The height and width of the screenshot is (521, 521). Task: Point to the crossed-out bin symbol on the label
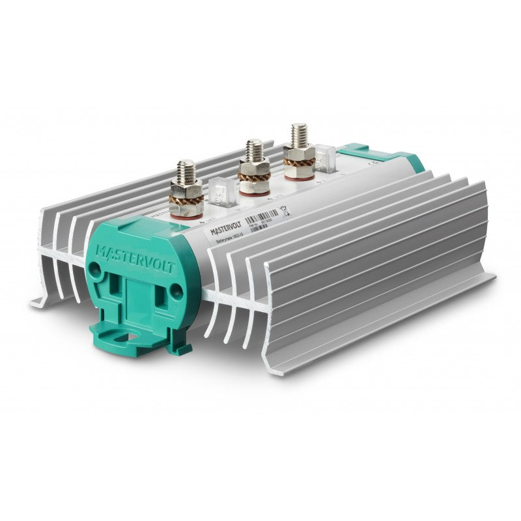(x=283, y=211)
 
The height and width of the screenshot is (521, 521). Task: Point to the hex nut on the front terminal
(x=186, y=190)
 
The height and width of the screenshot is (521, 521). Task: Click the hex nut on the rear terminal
(x=299, y=155)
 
